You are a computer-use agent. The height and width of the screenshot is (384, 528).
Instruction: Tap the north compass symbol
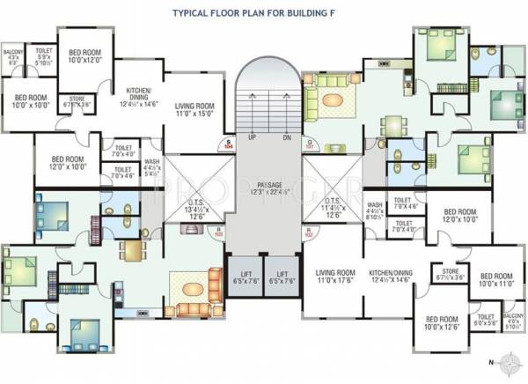coord(503,361)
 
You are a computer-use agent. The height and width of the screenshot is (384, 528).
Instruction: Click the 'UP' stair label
coord(252,138)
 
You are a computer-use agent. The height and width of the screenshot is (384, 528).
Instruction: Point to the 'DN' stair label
coord(286,138)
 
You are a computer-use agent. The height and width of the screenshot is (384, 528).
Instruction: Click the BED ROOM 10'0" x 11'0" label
coord(496,280)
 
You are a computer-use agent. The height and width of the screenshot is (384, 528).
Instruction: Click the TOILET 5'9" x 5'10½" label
coord(43,56)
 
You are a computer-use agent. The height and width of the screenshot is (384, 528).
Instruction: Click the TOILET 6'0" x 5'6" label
coord(486,320)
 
